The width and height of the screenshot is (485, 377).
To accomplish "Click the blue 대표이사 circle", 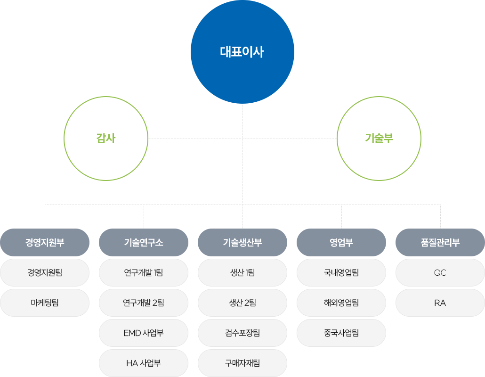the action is pos(242,52).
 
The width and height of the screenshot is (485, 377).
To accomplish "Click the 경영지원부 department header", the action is pos(45,242).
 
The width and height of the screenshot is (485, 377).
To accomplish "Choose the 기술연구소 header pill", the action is pos(144,242).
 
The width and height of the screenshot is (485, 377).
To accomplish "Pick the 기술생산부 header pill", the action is pos(242,242).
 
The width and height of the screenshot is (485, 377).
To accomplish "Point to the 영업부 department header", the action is pos(341,242).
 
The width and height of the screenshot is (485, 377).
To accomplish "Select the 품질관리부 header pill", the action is pos(440,242).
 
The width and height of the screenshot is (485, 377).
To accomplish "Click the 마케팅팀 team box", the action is pos(45,303).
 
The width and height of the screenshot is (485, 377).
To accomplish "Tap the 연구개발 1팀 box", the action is pos(144,272).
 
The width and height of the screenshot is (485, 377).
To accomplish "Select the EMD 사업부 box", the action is pos(144,333).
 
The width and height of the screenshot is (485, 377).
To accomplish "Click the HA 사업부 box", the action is pos(144,363).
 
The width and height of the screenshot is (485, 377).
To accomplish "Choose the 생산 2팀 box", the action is pos(242,303).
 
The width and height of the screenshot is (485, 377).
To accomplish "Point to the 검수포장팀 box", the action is pos(242,333).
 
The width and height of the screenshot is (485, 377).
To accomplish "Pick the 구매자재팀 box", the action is pos(242,363).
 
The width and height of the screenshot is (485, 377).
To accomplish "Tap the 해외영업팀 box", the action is pos(341,303).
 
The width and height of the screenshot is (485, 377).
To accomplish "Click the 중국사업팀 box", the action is pos(341,333).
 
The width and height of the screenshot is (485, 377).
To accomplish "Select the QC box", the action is pos(440,272).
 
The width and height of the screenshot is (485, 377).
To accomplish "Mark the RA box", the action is pos(440,303).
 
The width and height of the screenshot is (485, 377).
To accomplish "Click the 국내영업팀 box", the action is pos(341,272).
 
